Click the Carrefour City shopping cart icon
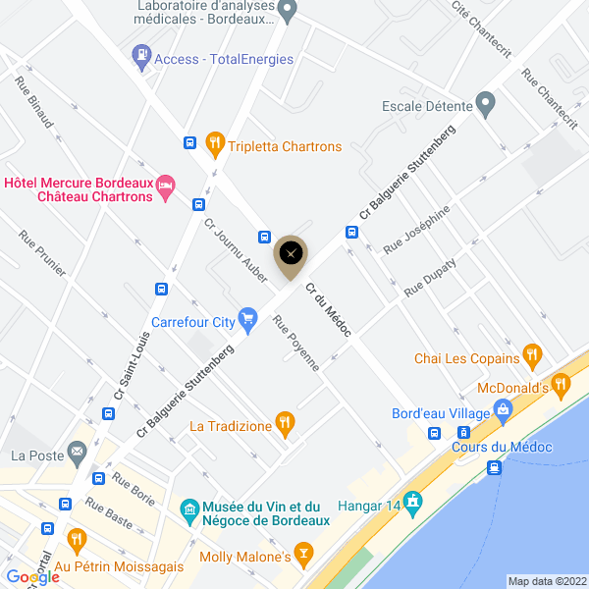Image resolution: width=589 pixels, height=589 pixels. [248, 317]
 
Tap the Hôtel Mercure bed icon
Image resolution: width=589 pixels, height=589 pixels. [166, 185]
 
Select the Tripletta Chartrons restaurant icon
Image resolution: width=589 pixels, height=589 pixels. [216, 145]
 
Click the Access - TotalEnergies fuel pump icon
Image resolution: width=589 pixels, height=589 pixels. [142, 57]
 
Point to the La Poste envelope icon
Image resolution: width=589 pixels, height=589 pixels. [77, 454]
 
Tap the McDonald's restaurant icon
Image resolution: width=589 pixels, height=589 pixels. [562, 385]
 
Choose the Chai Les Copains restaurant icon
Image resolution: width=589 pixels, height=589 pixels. [532, 355]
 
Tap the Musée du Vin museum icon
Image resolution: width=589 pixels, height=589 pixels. [189, 510]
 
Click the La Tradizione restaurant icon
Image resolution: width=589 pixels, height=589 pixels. [285, 424]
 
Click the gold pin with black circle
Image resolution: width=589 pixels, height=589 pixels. [290, 254]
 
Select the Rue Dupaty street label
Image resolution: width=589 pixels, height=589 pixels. [430, 276]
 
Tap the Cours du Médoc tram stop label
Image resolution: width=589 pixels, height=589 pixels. [503, 448]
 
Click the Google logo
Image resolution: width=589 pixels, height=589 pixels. [32, 577]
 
